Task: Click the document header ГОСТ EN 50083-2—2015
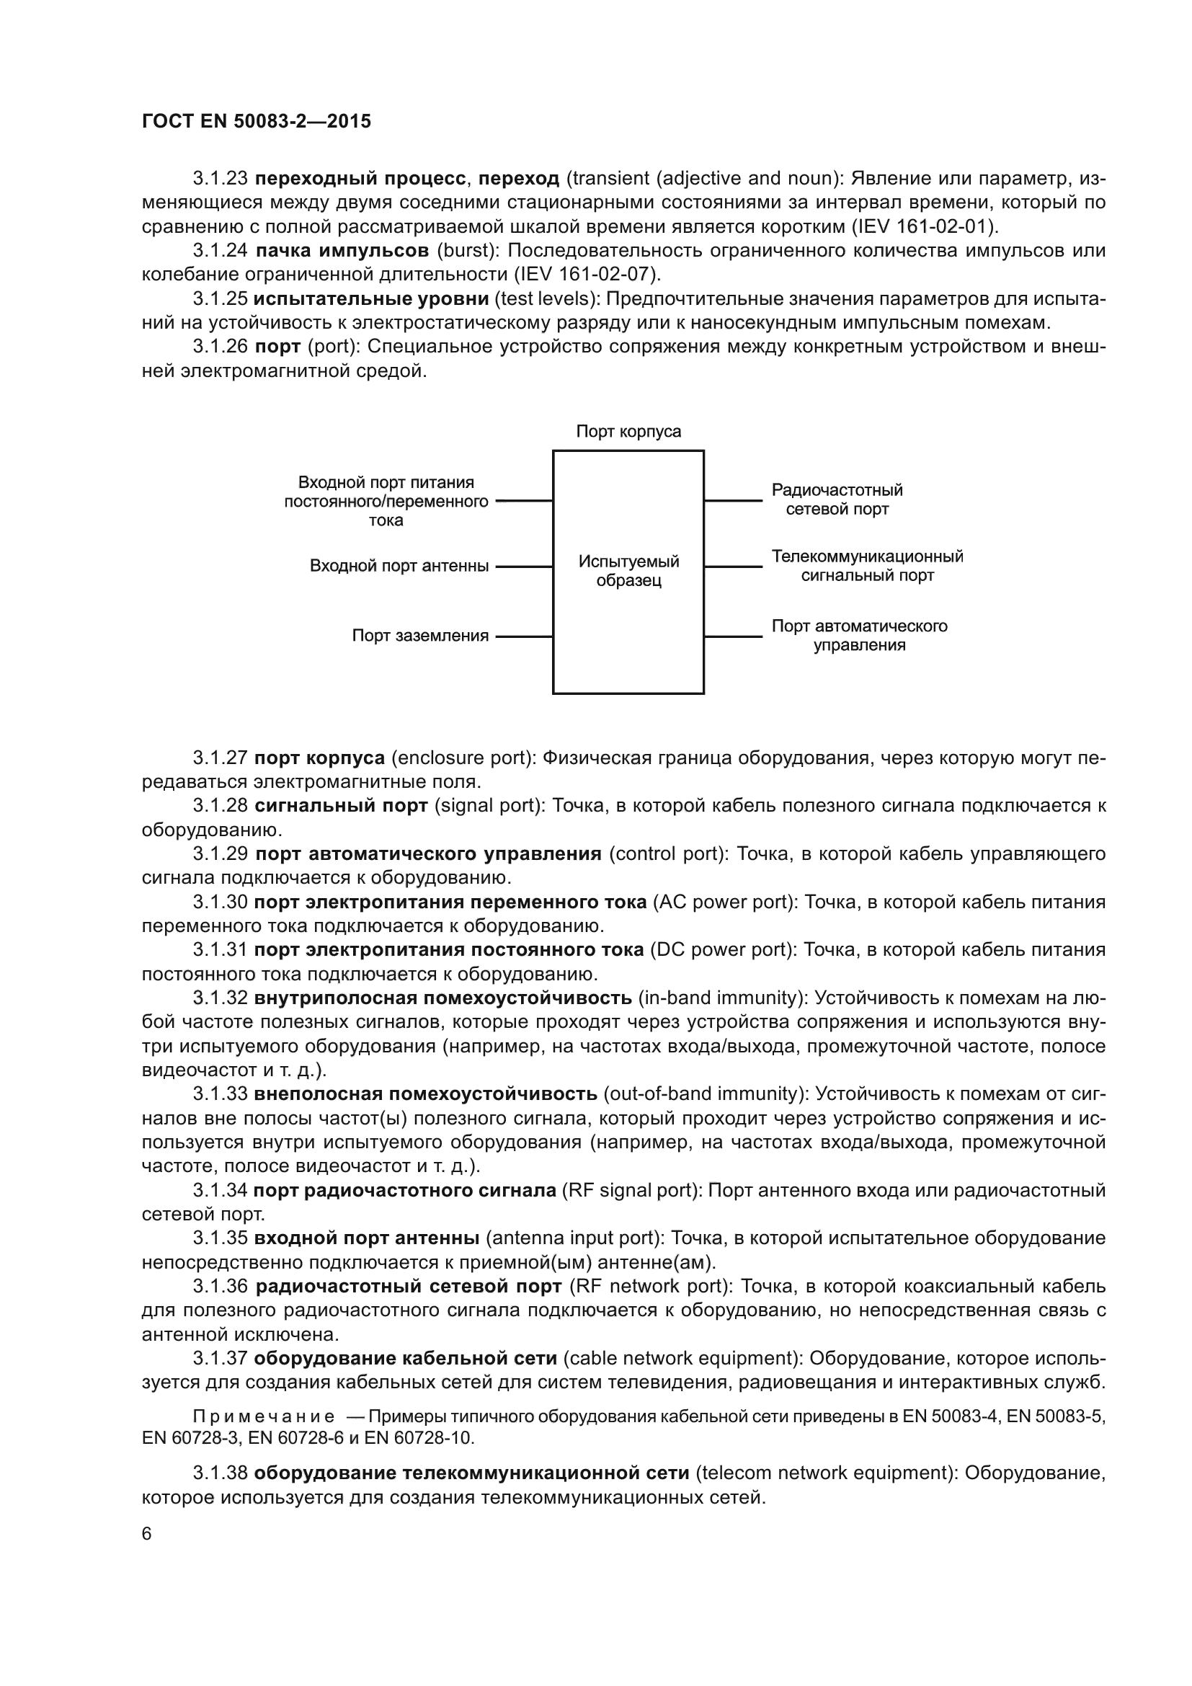[x=256, y=121]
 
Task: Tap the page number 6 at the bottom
[x=147, y=1533]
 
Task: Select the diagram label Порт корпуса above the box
[x=628, y=431]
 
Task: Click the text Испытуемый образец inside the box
[x=628, y=572]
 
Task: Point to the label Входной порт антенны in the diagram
[x=399, y=566]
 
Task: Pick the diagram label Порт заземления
[x=420, y=636]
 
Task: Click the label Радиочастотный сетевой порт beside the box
[x=837, y=500]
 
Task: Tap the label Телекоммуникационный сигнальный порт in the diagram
[x=867, y=565]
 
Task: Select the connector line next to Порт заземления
[x=524, y=636]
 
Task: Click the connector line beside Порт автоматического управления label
[x=733, y=636]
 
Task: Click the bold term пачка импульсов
[x=342, y=251]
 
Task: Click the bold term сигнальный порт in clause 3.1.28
[x=342, y=807]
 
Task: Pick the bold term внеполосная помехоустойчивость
[x=426, y=1094]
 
